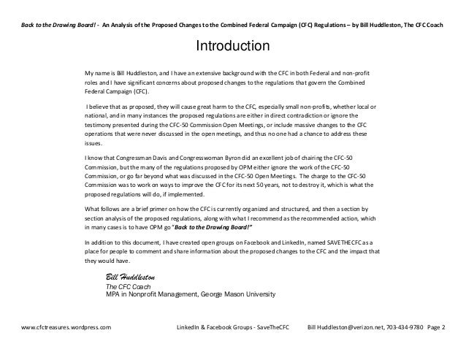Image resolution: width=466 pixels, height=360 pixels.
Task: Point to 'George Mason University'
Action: coord(234,295)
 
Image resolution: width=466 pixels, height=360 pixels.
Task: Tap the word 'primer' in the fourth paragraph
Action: coord(167,209)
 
